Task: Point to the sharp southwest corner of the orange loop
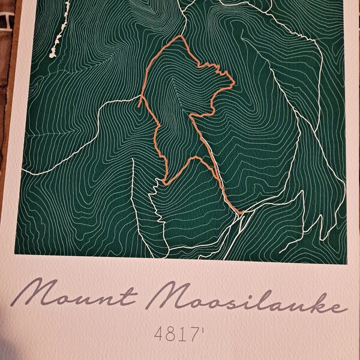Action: tap(163, 182)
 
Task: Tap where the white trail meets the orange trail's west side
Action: tap(143, 95)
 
